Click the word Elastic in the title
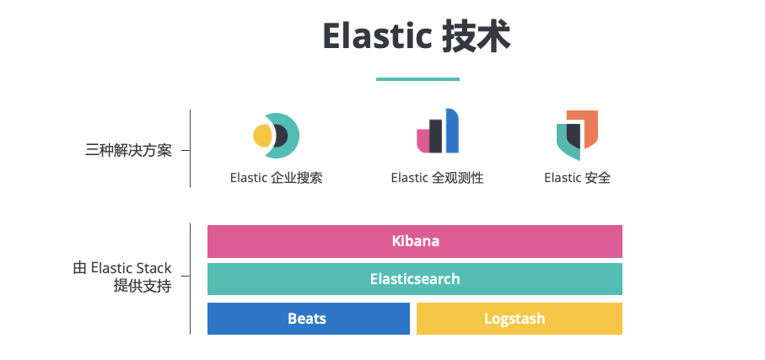(x=376, y=37)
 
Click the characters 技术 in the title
(x=477, y=37)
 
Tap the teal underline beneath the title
(x=418, y=79)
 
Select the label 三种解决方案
(x=128, y=151)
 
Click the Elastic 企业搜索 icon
(x=276, y=135)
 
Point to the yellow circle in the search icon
(x=262, y=135)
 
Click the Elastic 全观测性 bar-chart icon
(x=438, y=132)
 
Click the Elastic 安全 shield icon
(x=577, y=134)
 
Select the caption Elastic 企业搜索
(x=276, y=178)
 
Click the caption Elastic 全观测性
(x=437, y=178)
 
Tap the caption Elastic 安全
(x=577, y=178)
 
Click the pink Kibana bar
(x=415, y=241)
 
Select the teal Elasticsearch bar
(x=415, y=279)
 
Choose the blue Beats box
(x=308, y=319)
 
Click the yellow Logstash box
(x=519, y=319)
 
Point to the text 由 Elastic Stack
(x=122, y=269)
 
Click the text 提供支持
(x=143, y=287)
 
